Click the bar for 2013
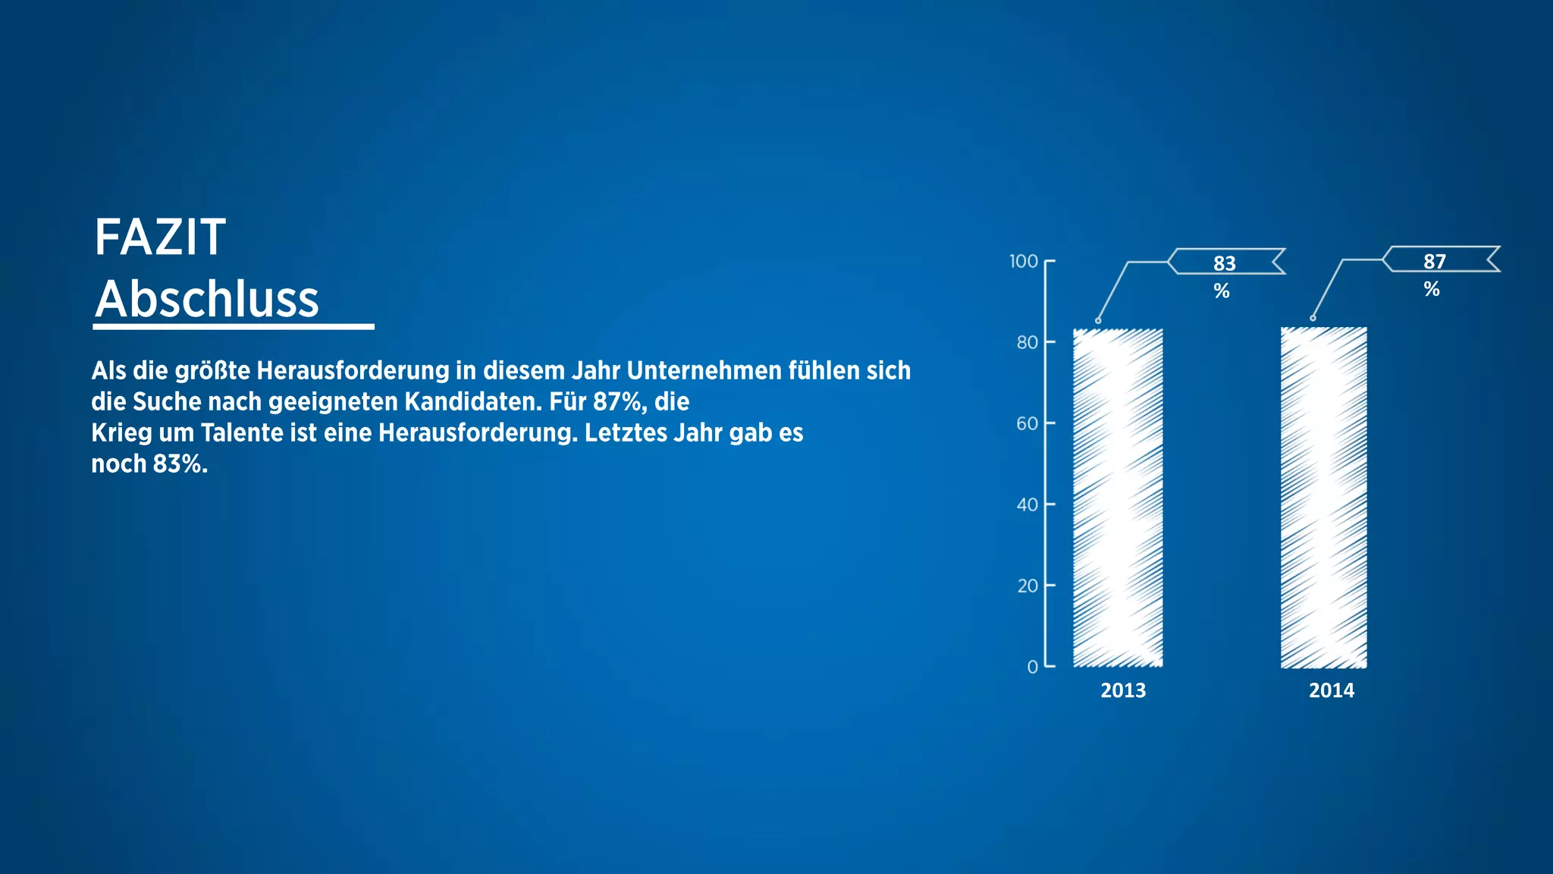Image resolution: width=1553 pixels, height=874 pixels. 1118,498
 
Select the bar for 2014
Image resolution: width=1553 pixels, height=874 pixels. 1324,498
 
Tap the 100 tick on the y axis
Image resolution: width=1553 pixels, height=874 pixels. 1023,262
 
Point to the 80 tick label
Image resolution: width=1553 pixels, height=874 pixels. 1027,343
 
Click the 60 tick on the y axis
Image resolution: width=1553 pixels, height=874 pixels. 1027,424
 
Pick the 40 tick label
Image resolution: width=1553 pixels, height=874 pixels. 1027,505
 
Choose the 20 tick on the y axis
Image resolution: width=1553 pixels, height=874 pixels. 1027,586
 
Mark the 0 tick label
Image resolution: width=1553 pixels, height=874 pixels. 1032,668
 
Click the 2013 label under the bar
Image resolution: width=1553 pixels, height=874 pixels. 1123,690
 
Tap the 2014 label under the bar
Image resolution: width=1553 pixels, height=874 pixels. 1332,690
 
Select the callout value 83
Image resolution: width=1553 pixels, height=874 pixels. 1224,263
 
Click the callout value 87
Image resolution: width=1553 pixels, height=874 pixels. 1434,262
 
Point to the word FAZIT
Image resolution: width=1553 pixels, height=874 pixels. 160,237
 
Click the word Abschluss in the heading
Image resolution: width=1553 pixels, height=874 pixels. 207,299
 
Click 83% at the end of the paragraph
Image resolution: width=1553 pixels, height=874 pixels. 180,464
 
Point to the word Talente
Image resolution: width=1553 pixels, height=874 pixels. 241,432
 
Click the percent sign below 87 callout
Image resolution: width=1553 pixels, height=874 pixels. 1432,289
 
